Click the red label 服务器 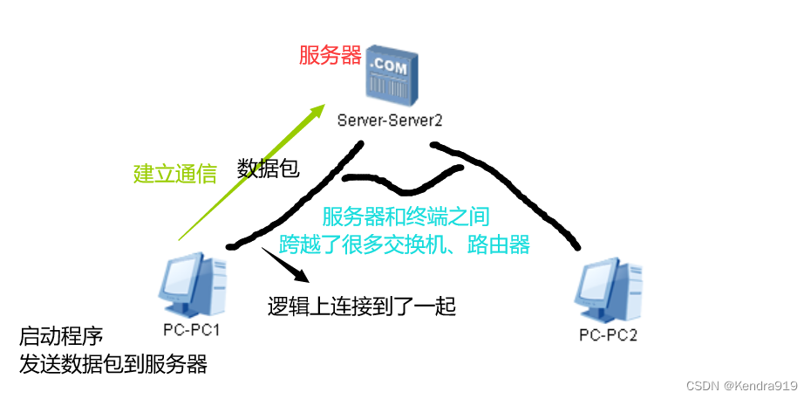tap(330, 57)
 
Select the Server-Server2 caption tap(391, 119)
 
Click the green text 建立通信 tap(174, 174)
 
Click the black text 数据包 tap(269, 169)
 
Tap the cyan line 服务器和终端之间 tap(405, 217)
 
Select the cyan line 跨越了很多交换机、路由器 tap(405, 244)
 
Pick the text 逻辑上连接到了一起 tap(362, 306)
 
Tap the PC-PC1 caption tap(190, 330)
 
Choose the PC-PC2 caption tap(609, 334)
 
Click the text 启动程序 tap(61, 336)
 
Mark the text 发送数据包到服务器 tap(113, 364)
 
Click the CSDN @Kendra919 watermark tap(742, 385)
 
